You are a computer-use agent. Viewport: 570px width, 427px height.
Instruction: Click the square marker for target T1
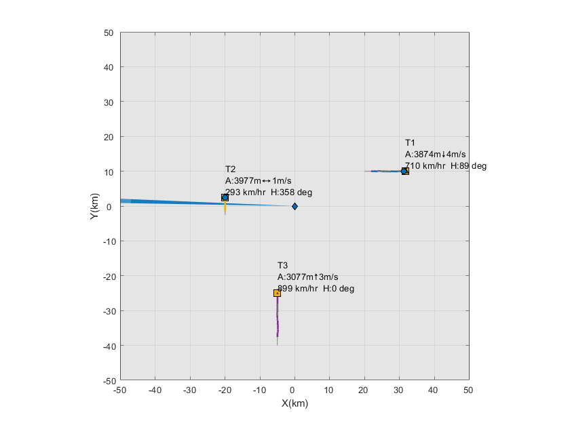coord(404,171)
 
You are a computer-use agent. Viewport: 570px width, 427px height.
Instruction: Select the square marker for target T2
coord(225,197)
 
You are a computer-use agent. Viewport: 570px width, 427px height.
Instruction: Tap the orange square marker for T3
coord(277,293)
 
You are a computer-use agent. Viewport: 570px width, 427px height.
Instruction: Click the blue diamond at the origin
coord(294,206)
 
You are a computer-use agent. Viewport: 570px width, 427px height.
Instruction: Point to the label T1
coord(410,143)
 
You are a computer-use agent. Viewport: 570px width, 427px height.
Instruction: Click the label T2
coord(230,169)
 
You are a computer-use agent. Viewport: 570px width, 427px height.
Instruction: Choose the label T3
coord(283,265)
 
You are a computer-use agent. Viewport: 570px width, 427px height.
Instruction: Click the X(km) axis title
coord(294,402)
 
